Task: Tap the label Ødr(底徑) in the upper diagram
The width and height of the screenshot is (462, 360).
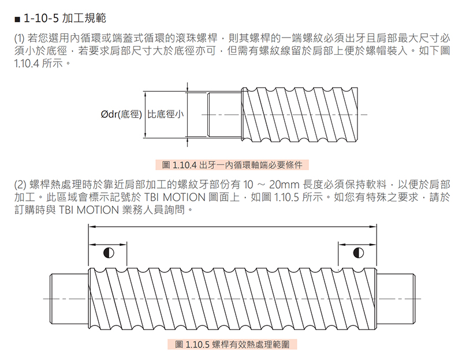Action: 121,114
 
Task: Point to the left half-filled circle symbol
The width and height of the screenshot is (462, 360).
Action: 107,252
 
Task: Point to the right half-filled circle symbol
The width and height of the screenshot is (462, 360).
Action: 357,252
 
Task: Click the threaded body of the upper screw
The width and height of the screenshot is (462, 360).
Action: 303,114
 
